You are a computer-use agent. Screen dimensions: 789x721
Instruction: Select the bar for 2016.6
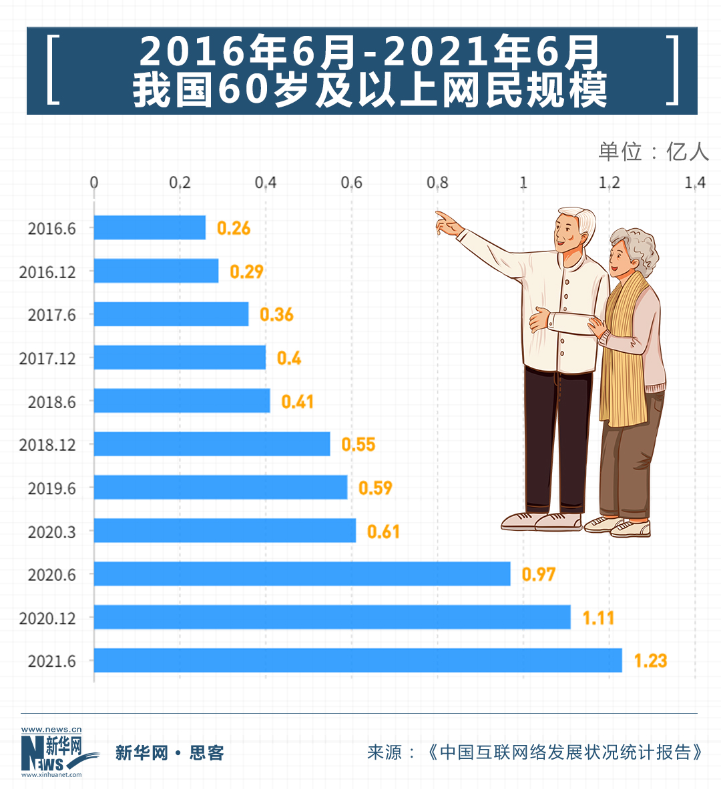pyautogui.click(x=150, y=227)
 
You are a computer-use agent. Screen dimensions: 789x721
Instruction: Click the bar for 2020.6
pyautogui.click(x=302, y=574)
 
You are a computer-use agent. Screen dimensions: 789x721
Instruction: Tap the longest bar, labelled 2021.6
pyautogui.click(x=357, y=660)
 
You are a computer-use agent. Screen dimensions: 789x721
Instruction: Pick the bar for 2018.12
pyautogui.click(x=212, y=444)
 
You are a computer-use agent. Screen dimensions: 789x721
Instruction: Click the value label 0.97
pyautogui.click(x=538, y=574)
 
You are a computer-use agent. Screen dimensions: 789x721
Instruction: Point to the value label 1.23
pyautogui.click(x=650, y=661)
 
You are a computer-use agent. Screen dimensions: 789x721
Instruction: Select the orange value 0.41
pyautogui.click(x=297, y=402)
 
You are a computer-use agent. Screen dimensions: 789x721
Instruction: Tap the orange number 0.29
pyautogui.click(x=246, y=271)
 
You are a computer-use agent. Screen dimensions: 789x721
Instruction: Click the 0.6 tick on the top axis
pyautogui.click(x=351, y=183)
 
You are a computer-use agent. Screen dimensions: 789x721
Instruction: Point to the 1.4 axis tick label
pyautogui.click(x=694, y=183)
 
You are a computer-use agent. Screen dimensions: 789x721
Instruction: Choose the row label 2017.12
pyautogui.click(x=47, y=359)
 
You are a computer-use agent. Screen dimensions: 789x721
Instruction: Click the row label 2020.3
pyautogui.click(x=51, y=532)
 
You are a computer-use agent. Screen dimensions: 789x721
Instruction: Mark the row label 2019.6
pyautogui.click(x=51, y=489)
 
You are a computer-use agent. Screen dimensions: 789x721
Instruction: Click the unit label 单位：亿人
pyautogui.click(x=653, y=151)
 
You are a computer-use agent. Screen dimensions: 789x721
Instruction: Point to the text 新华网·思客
pyautogui.click(x=170, y=753)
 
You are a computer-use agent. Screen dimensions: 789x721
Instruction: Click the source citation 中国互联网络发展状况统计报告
pyautogui.click(x=565, y=752)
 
